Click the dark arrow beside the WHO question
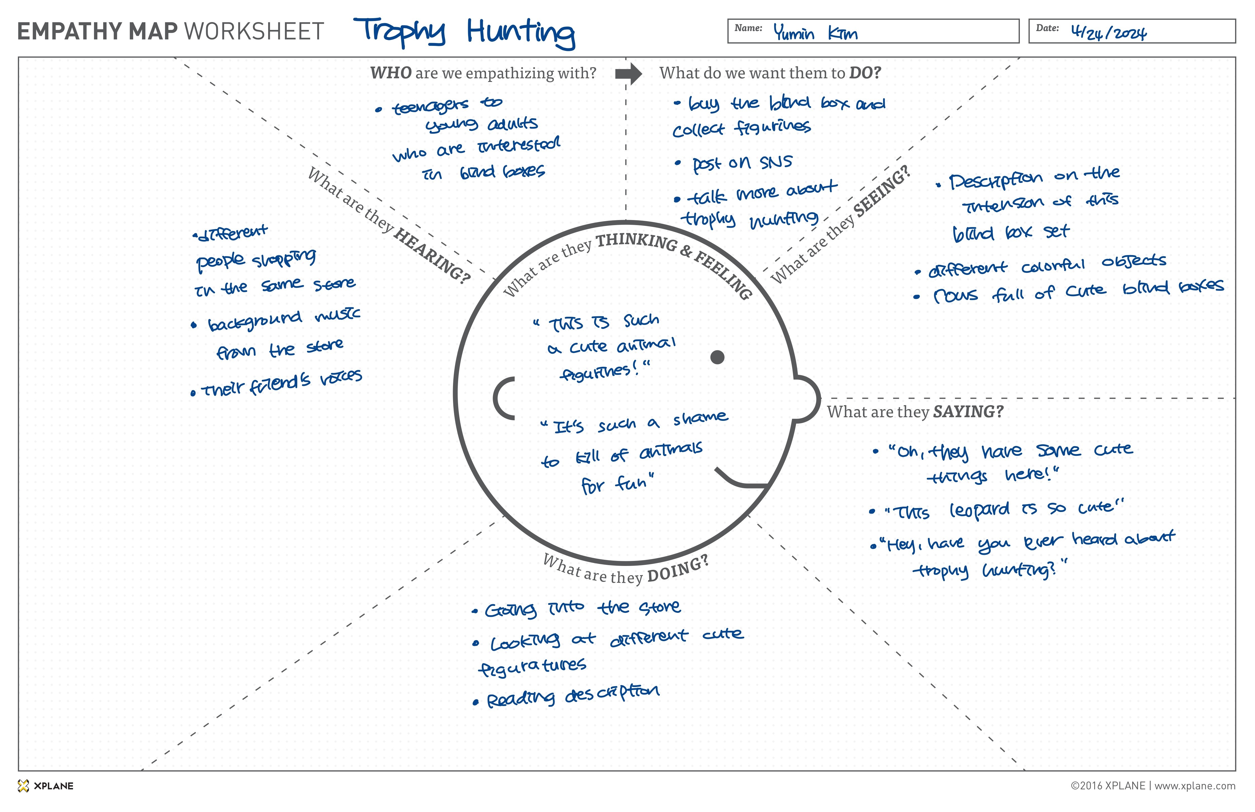(628, 74)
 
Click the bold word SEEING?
(882, 191)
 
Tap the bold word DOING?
(678, 568)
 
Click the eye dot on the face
(717, 358)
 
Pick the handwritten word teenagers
(430, 107)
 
